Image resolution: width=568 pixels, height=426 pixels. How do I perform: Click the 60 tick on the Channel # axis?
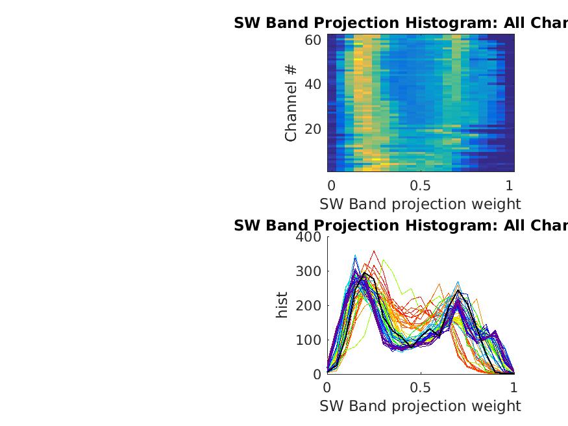click(313, 40)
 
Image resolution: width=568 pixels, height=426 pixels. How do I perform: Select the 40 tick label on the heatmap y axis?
click(313, 84)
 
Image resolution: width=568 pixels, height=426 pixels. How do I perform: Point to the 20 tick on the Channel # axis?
click(313, 129)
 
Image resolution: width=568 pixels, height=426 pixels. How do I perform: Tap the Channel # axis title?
click(291, 102)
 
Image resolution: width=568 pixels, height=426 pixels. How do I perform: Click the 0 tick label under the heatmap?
click(331, 184)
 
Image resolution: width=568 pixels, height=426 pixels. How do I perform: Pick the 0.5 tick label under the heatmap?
click(420, 184)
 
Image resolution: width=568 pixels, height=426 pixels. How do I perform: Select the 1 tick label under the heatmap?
click(510, 184)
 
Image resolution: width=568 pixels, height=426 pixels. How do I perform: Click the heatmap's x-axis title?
click(420, 204)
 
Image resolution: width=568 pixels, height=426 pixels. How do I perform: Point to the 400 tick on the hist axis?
click(308, 236)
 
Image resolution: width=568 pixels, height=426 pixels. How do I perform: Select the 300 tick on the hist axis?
click(308, 271)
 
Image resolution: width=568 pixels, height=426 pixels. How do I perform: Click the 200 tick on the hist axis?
click(308, 305)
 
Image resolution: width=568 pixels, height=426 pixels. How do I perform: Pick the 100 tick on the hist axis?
click(308, 340)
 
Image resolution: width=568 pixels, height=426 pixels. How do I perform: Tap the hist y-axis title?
click(282, 305)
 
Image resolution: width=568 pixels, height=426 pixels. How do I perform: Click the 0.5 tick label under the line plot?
click(420, 388)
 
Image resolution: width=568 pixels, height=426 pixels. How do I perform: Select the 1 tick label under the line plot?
click(514, 388)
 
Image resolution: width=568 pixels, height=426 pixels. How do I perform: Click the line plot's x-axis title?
click(420, 406)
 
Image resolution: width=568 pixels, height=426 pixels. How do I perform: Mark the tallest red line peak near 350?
click(374, 251)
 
